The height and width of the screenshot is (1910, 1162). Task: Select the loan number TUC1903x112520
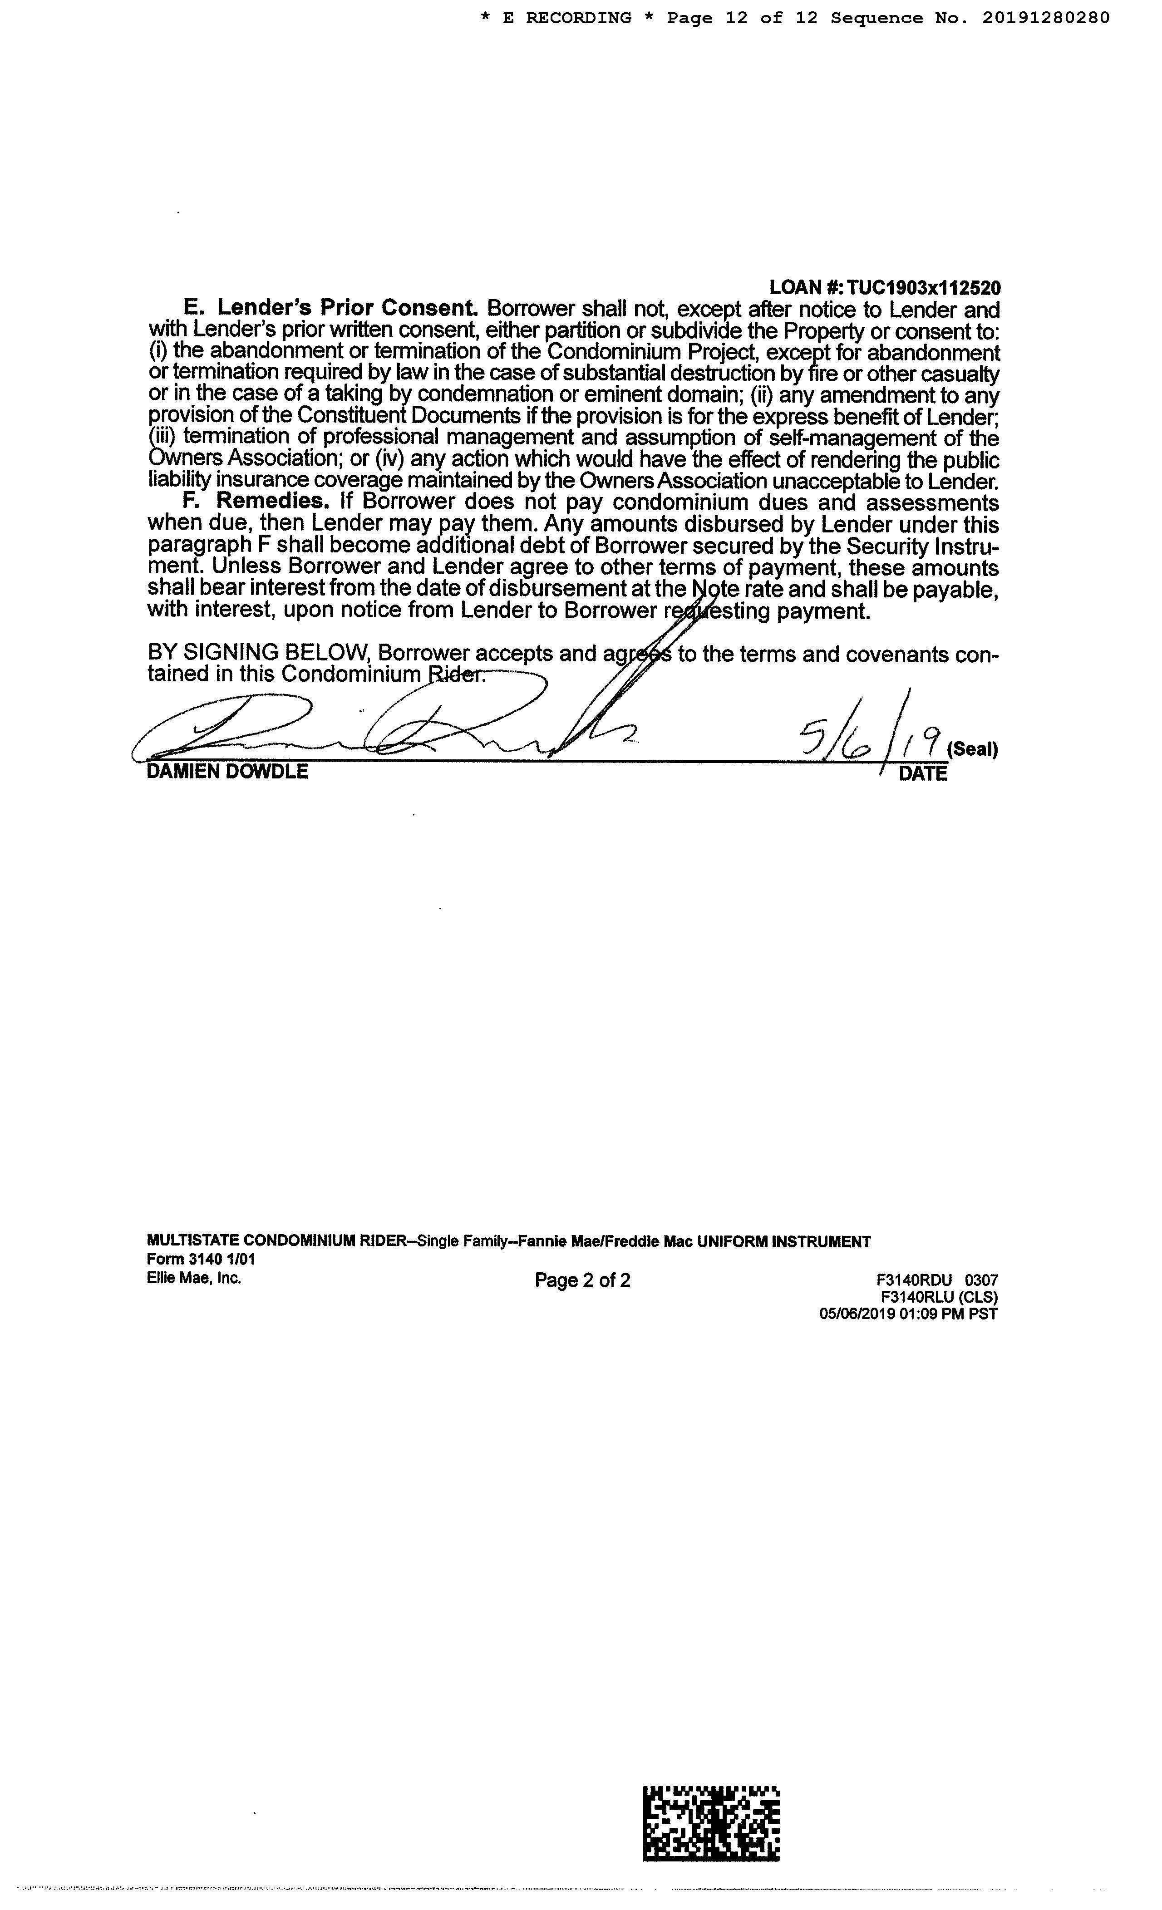[922, 288]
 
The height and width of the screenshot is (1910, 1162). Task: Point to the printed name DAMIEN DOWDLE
[227, 772]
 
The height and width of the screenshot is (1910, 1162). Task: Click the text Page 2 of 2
[582, 1280]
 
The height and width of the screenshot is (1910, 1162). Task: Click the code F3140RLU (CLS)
[939, 1297]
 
